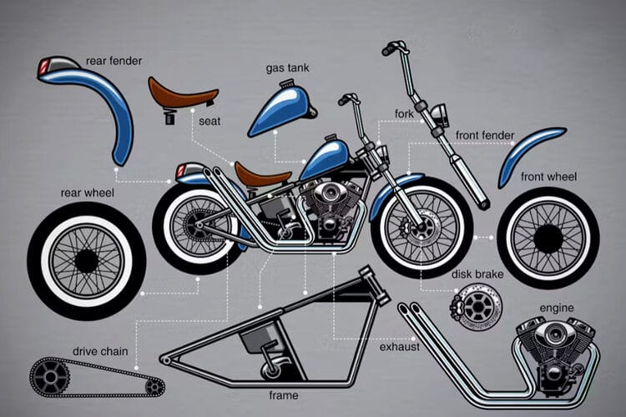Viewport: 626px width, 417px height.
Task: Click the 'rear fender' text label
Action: (114, 61)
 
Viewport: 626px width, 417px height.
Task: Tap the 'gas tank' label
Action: (287, 68)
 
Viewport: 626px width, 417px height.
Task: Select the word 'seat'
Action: (210, 121)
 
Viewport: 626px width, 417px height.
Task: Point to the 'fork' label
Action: (404, 113)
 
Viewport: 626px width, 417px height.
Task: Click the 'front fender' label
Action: (485, 136)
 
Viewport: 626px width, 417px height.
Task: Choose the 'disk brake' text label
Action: (477, 274)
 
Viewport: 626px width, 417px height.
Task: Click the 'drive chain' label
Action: (100, 352)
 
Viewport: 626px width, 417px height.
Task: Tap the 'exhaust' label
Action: (399, 347)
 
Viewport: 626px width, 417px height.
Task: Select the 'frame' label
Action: (284, 395)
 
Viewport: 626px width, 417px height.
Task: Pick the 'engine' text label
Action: (557, 308)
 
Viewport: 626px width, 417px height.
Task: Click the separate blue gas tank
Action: (281, 108)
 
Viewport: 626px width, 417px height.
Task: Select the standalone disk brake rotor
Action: (477, 307)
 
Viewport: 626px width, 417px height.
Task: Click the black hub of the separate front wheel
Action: (548, 239)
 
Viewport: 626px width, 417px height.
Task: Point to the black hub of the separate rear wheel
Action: (86, 261)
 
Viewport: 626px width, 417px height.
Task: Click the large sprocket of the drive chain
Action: (50, 377)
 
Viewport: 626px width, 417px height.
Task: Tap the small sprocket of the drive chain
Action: (153, 387)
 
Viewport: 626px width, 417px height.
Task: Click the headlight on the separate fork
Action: (441, 113)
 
